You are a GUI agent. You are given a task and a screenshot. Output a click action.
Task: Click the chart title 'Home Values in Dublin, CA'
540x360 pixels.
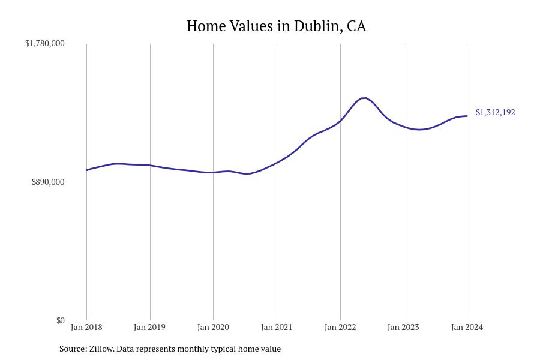276,26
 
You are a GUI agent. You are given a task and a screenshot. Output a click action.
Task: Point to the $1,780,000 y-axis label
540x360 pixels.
45,43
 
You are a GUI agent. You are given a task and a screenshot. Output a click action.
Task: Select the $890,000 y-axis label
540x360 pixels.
48,182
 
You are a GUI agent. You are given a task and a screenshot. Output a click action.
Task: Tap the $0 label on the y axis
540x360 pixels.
61,320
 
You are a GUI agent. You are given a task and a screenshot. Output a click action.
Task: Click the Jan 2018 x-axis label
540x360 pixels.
86,327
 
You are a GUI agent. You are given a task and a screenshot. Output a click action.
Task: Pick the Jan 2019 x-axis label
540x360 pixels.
150,327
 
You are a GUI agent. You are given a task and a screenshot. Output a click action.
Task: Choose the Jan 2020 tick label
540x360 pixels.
213,327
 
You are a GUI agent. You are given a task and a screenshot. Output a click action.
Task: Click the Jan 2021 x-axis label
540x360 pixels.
277,327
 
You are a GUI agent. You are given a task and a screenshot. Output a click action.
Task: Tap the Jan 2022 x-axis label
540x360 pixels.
340,327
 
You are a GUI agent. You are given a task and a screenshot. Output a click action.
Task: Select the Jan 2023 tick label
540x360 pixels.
404,327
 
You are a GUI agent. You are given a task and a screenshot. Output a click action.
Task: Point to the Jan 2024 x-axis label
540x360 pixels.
467,327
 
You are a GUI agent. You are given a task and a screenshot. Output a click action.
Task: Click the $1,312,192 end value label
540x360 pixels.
495,112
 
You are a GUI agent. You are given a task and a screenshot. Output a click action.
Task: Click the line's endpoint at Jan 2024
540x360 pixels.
467,116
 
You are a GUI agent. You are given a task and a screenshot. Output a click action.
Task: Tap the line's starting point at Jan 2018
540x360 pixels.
86,170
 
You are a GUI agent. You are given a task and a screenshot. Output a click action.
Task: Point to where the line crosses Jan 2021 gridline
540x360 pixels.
277,163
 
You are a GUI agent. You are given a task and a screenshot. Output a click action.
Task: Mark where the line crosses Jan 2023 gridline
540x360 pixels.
404,127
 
